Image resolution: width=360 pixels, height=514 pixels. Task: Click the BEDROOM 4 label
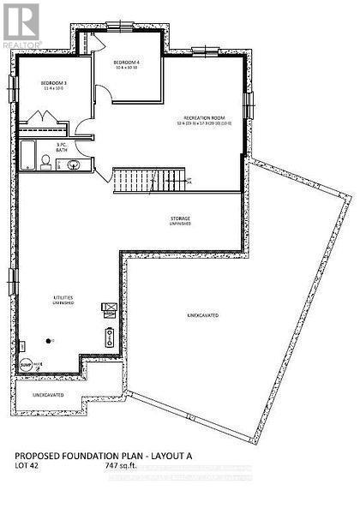click(x=129, y=62)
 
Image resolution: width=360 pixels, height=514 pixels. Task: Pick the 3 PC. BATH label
click(x=62, y=147)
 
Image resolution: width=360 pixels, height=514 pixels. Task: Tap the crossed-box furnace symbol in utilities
click(x=109, y=307)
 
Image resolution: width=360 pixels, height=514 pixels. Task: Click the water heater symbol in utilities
click(x=109, y=335)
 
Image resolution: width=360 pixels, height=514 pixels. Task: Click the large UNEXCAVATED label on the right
click(x=202, y=316)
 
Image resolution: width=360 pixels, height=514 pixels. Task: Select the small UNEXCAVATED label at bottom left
click(x=49, y=395)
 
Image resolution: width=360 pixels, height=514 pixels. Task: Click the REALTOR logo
click(x=21, y=23)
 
